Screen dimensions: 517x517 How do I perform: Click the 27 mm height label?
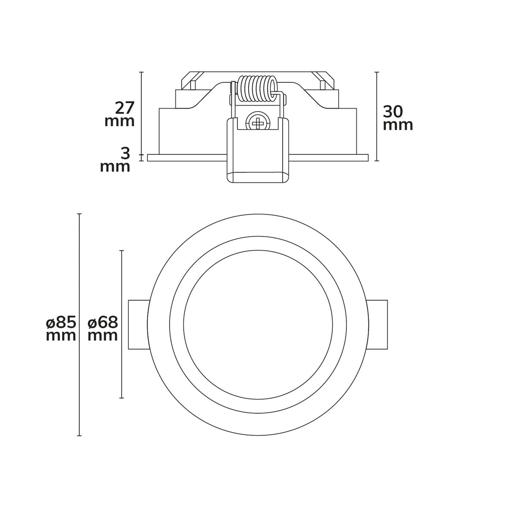[120, 114]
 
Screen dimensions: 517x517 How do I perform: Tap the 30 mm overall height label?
[398, 118]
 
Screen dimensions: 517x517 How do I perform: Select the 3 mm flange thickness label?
[115, 160]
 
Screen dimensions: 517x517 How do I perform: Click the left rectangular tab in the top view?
[139, 324]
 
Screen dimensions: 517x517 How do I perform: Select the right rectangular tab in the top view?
[378, 324]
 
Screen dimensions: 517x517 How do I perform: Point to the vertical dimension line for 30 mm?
[377, 116]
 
